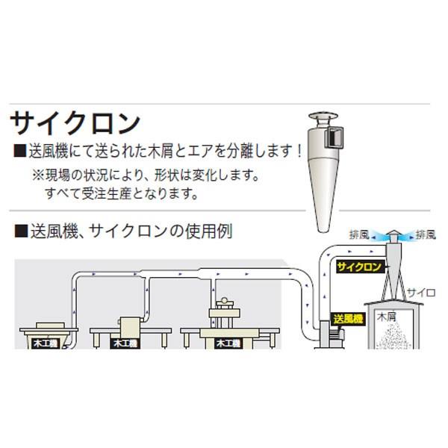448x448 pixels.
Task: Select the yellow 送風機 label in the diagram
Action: [348, 319]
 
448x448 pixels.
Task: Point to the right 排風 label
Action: [426, 234]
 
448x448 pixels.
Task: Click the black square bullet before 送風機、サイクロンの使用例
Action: [19, 231]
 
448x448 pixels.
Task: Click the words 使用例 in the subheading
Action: [211, 231]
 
